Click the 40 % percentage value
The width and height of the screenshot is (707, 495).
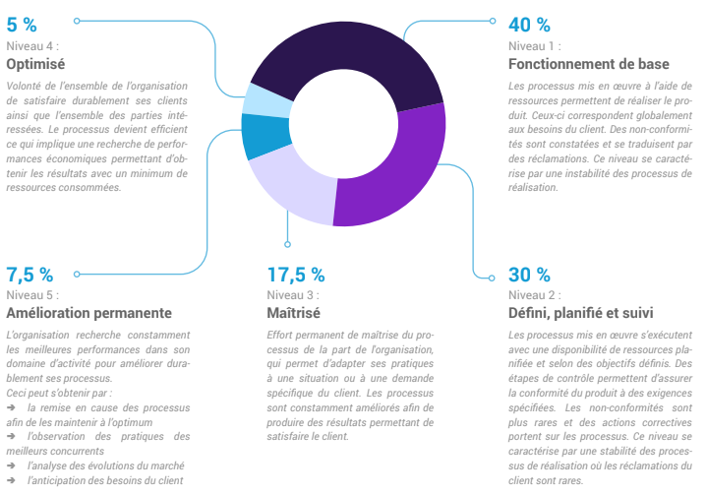[529, 25]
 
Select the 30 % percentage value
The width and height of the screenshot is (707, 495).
[529, 274]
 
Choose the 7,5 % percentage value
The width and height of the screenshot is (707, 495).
[30, 274]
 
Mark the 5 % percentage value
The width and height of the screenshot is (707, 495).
[22, 25]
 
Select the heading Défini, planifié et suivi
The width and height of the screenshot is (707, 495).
[580, 314]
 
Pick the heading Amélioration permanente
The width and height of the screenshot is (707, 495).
[89, 314]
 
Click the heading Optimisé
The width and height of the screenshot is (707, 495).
[35, 64]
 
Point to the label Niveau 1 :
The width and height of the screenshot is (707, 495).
[535, 45]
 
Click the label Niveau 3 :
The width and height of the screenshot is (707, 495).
[293, 294]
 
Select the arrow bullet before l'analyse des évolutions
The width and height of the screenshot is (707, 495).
[11, 465]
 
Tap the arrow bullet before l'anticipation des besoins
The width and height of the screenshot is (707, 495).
[11, 480]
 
